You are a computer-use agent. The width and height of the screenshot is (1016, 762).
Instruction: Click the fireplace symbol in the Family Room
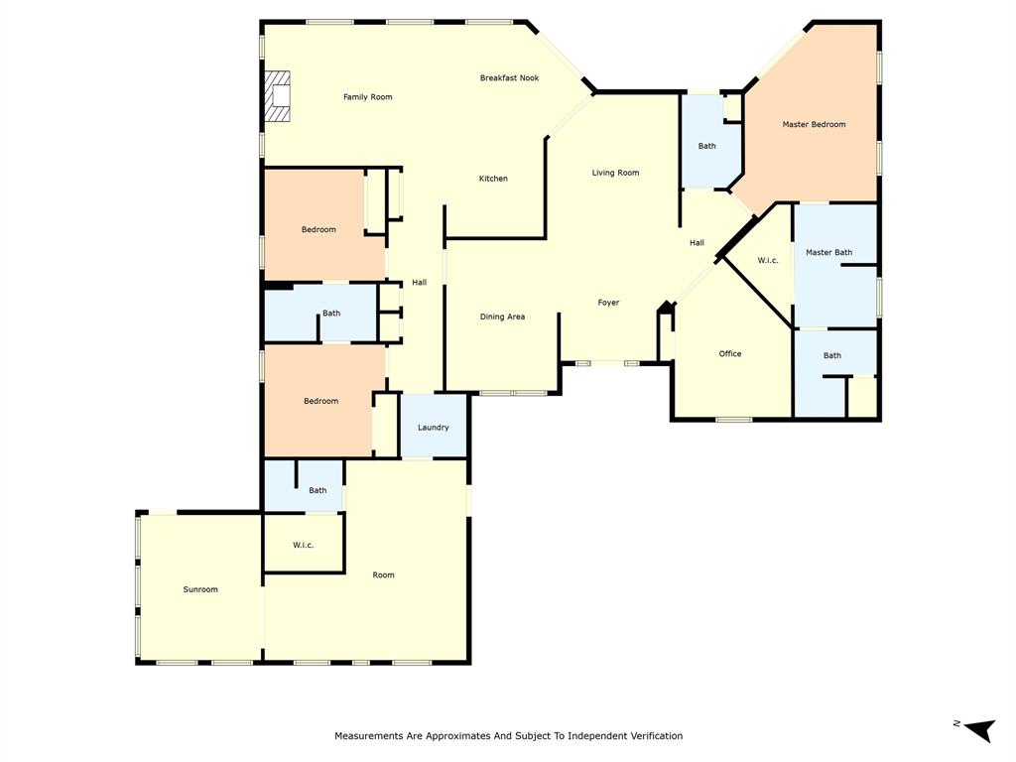pos(277,96)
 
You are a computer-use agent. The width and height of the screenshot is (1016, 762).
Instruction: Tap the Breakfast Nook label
pos(509,77)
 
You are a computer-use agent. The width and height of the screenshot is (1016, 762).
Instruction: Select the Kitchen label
pos(493,179)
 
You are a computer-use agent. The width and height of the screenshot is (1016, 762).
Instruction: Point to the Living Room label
pos(615,173)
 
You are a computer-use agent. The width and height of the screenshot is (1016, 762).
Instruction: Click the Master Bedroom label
pos(814,124)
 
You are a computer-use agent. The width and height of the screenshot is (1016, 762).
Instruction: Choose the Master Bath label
pos(828,252)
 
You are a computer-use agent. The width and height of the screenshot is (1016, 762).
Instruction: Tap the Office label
pos(729,353)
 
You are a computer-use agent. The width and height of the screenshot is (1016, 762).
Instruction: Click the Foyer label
pos(608,303)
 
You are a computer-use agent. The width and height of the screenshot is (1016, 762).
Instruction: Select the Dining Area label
pos(502,317)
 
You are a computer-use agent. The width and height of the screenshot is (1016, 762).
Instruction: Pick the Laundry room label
pos(433,428)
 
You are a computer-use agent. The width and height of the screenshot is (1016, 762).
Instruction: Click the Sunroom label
pos(199,589)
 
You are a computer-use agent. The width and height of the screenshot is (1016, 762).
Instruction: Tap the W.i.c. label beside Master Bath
pos(767,260)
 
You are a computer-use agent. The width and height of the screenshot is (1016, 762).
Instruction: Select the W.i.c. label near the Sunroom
pos(303,545)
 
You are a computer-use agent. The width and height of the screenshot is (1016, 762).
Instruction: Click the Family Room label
pos(367,97)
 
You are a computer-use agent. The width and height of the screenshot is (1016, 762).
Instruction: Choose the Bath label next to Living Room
pos(706,146)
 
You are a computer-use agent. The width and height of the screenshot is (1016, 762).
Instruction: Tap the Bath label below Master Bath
pos(831,355)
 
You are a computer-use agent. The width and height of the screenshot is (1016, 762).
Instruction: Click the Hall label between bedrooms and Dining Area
pos(419,283)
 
